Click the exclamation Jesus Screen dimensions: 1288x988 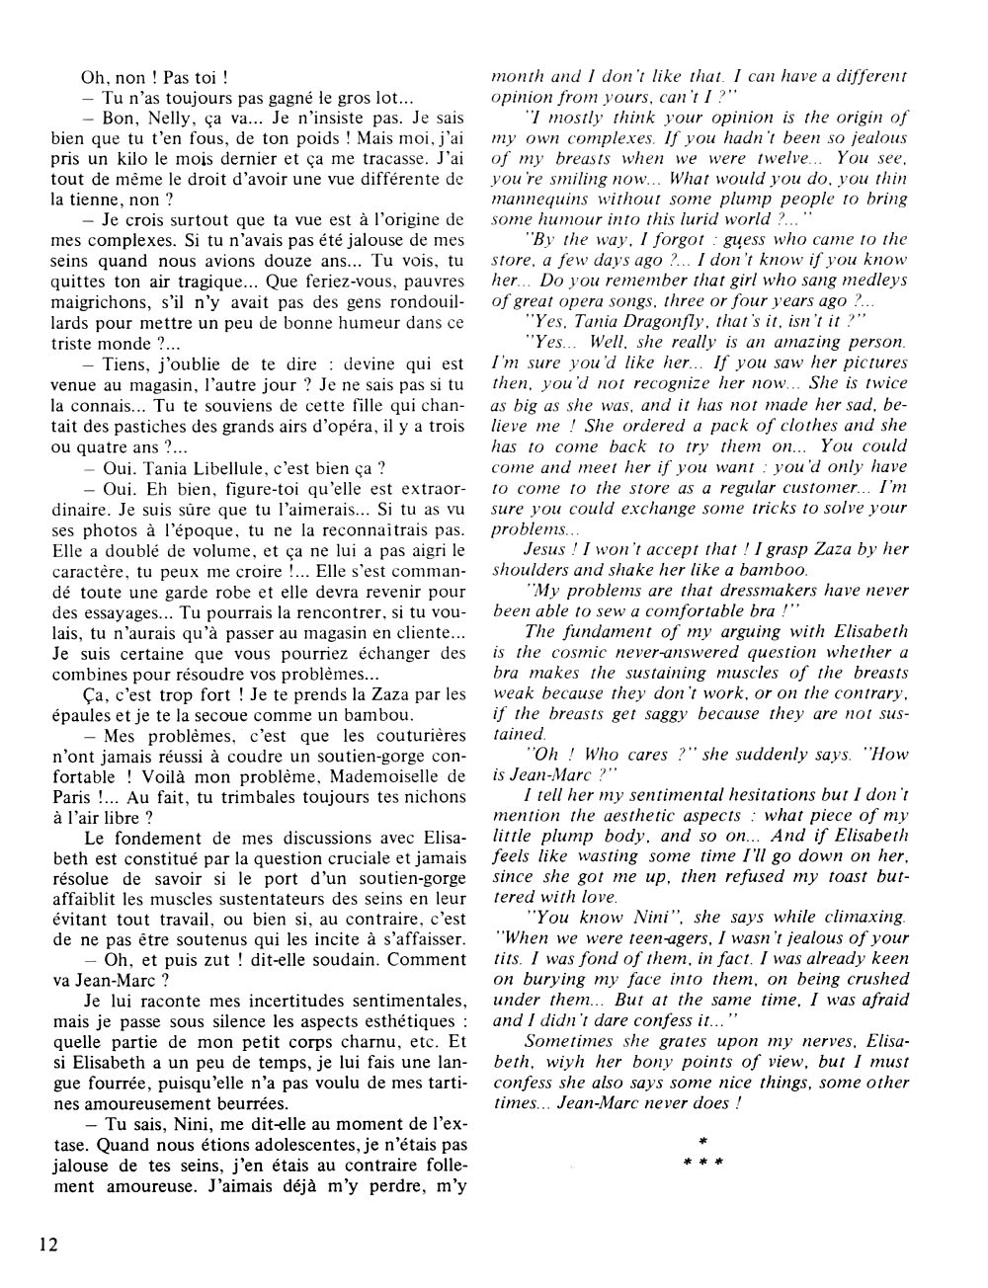coord(547,548)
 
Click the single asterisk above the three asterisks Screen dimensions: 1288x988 coord(702,1141)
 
